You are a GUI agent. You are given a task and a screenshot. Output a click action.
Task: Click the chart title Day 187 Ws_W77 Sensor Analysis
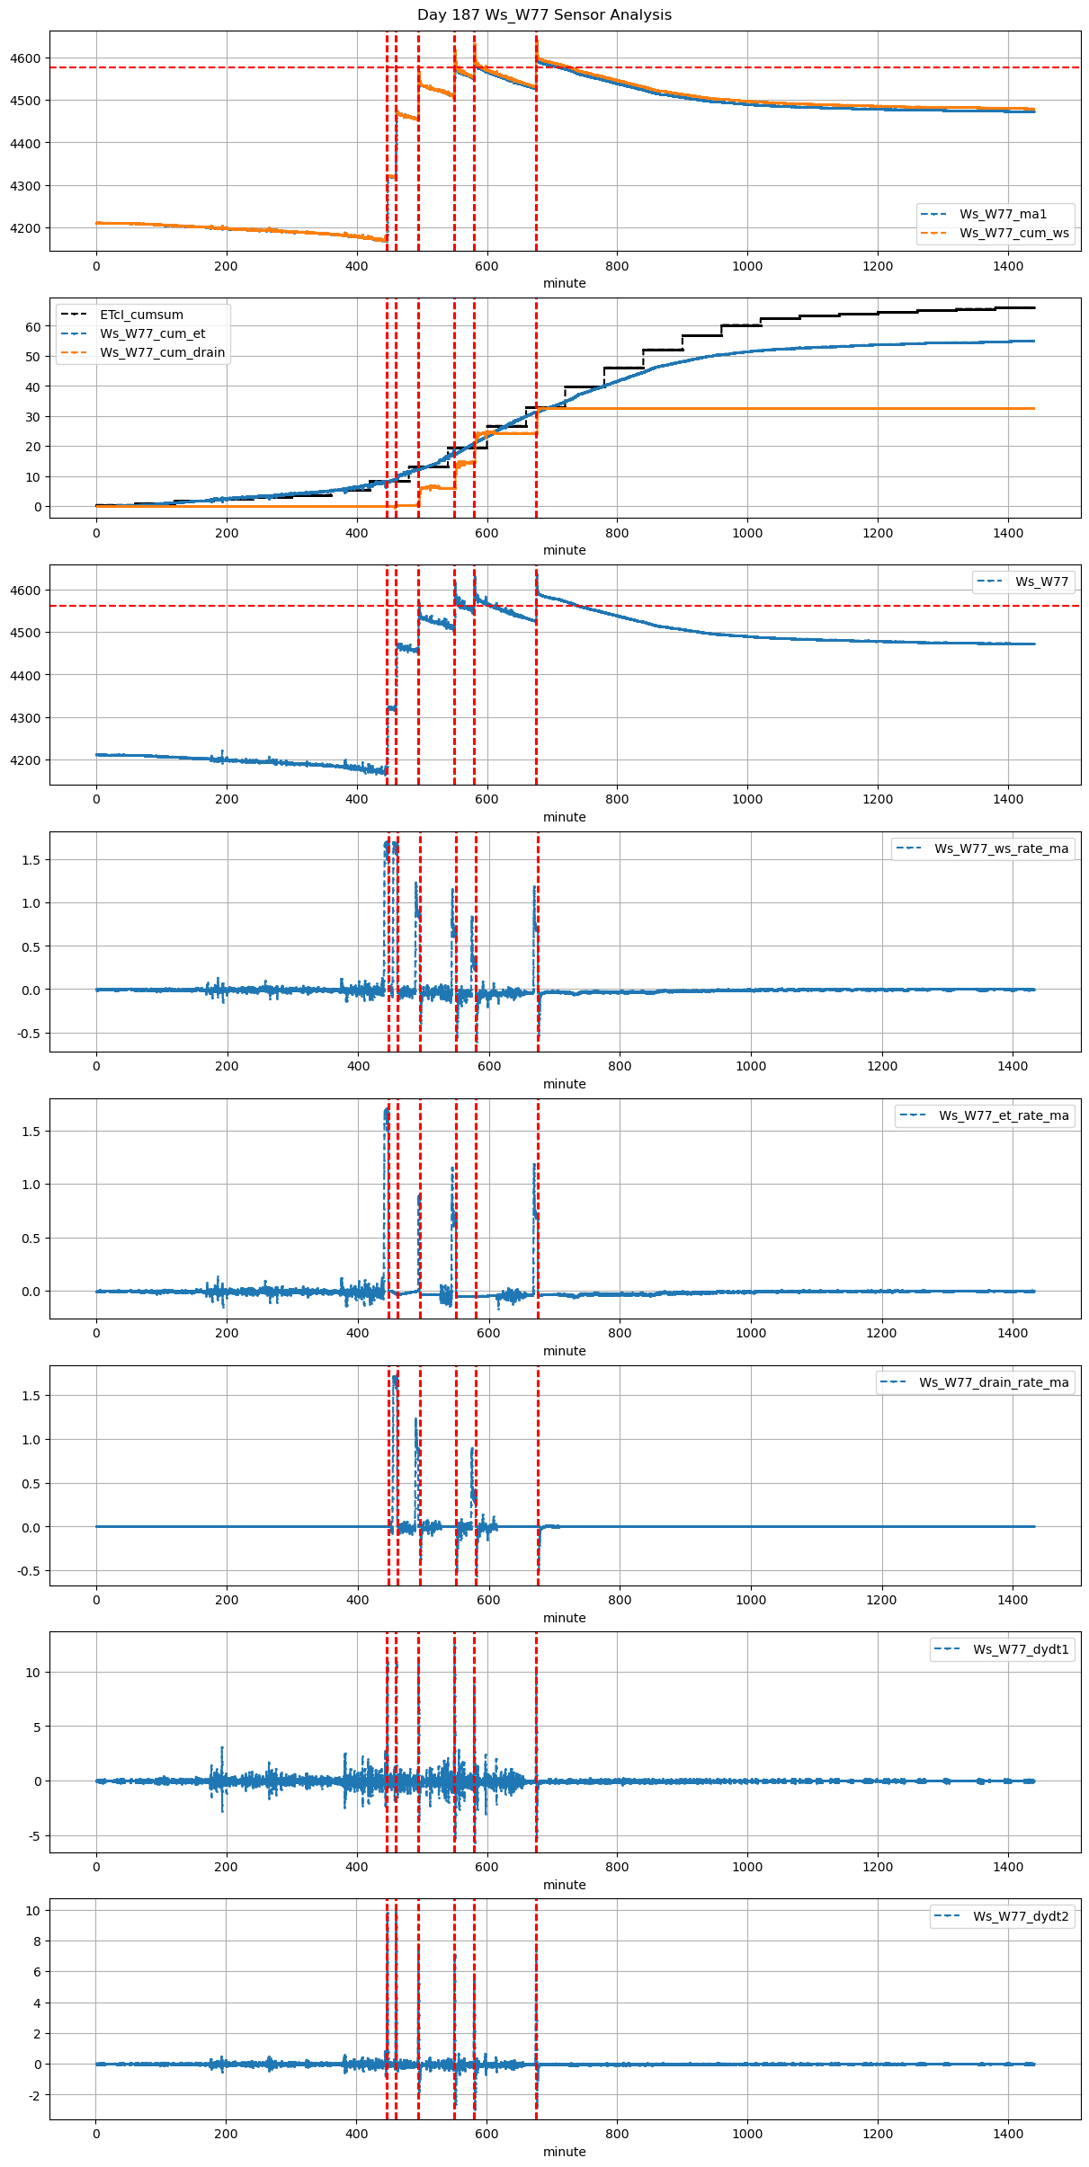point(544,15)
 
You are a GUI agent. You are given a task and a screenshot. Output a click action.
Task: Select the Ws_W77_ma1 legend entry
point(1003,214)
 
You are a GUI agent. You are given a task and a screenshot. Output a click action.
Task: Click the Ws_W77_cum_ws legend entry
point(1013,233)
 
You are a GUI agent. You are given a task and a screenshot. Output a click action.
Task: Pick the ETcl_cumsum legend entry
point(141,315)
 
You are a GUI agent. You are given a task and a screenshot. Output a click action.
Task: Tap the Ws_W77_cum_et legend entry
point(152,333)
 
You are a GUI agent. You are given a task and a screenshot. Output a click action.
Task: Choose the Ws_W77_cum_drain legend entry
point(162,352)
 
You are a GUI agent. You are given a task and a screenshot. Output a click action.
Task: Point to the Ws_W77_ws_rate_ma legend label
point(1001,848)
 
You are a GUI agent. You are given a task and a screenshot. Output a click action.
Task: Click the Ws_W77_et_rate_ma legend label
point(1004,1115)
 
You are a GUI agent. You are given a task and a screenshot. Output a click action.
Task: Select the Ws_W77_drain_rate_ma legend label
point(994,1382)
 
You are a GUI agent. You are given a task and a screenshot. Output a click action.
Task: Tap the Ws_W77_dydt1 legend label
point(1021,1649)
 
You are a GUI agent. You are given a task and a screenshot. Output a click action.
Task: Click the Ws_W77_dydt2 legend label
point(1021,1916)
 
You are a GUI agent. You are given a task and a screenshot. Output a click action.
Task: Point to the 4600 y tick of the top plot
point(26,58)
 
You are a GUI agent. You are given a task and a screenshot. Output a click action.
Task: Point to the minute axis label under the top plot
point(564,283)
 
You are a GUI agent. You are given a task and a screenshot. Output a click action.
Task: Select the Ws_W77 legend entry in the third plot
point(1041,582)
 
